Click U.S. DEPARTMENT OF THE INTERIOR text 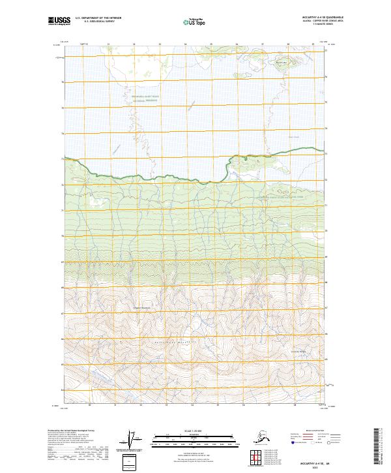click(x=100, y=20)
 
